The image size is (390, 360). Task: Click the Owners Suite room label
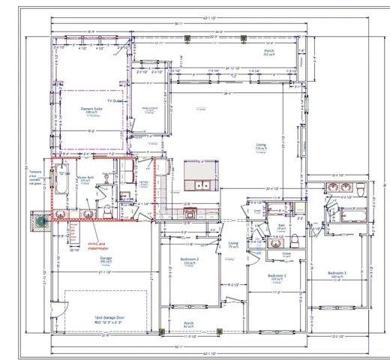click(x=92, y=110)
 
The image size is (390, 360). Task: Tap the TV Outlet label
click(x=115, y=100)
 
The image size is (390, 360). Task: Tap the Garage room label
click(x=106, y=259)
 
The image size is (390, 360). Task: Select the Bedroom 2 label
click(x=188, y=259)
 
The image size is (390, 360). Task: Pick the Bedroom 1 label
click(x=278, y=275)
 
